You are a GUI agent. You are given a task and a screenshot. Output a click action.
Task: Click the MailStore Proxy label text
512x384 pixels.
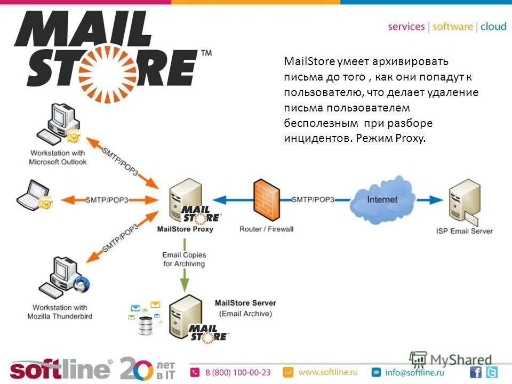pos(185,229)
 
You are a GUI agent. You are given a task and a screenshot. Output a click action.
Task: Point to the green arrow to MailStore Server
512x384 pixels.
pos(184,281)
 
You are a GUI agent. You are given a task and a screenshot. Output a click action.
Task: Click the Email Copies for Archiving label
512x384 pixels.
pos(184,260)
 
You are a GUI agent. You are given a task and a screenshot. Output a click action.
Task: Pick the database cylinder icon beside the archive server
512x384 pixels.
pos(146,325)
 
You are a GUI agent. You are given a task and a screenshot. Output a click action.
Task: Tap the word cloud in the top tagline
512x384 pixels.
pos(493,27)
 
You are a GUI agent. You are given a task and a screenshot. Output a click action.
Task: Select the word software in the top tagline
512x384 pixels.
pos(452,27)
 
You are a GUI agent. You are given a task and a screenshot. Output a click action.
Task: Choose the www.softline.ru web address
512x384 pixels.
pos(327,372)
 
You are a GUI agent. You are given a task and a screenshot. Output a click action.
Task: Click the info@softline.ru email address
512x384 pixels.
pos(414,372)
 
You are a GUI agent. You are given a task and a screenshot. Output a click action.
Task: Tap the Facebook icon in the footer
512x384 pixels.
pos(476,372)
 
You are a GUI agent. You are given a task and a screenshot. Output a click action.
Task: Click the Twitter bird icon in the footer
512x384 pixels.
pos(491,372)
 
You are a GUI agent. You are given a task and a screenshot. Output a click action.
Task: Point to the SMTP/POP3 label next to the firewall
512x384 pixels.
pos(313,199)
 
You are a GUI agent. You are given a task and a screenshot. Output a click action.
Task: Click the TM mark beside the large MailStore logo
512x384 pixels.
pos(206,53)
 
